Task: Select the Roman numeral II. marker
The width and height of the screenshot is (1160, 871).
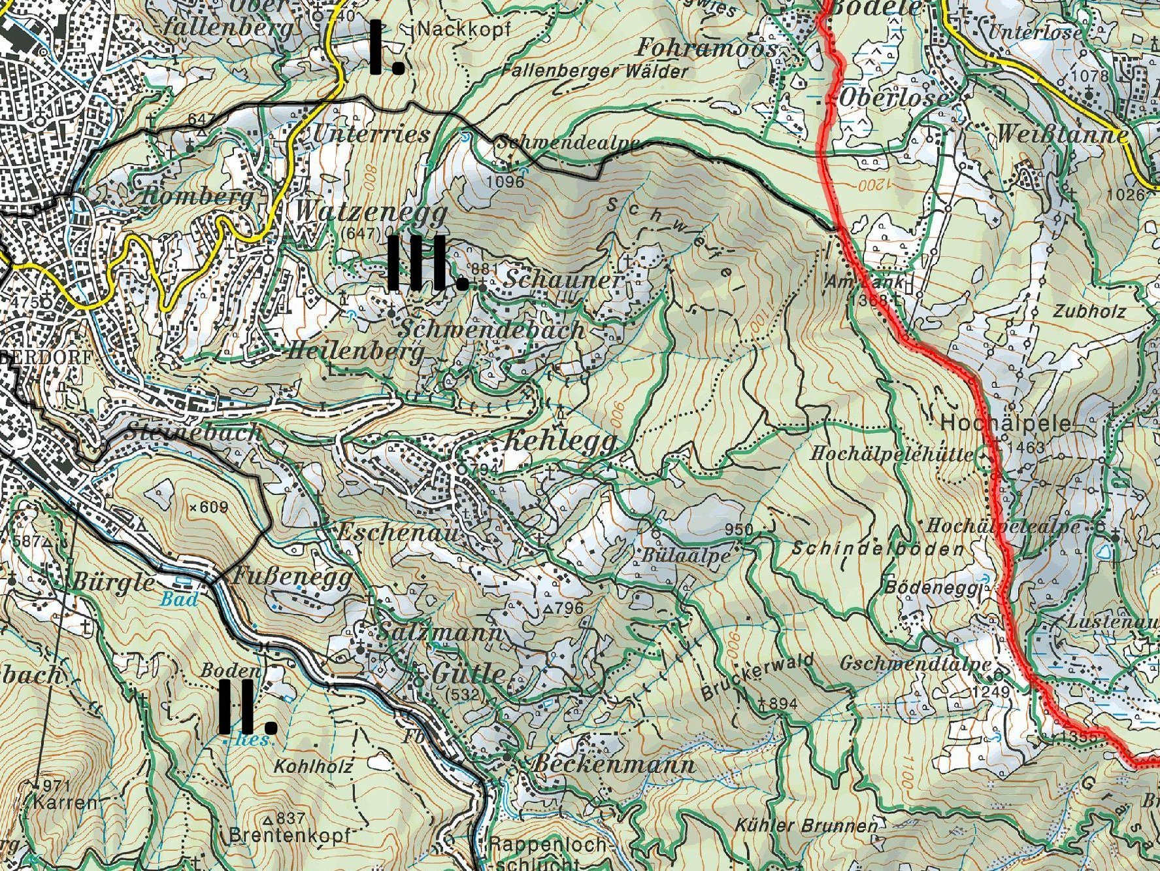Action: coord(246,708)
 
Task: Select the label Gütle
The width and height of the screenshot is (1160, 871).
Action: coord(468,674)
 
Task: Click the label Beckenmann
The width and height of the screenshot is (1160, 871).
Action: coord(614,764)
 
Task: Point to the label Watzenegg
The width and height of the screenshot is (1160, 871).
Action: coord(371,211)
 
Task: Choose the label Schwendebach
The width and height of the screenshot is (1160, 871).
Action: coord(491,330)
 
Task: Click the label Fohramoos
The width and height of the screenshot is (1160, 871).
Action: coord(706,47)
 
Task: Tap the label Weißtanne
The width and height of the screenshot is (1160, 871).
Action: coord(1061,134)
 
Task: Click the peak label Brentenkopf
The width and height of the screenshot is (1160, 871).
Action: coord(290,836)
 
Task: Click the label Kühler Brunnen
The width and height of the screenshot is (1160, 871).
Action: coord(806,825)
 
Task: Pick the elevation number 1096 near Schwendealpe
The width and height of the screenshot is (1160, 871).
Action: coord(506,181)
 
